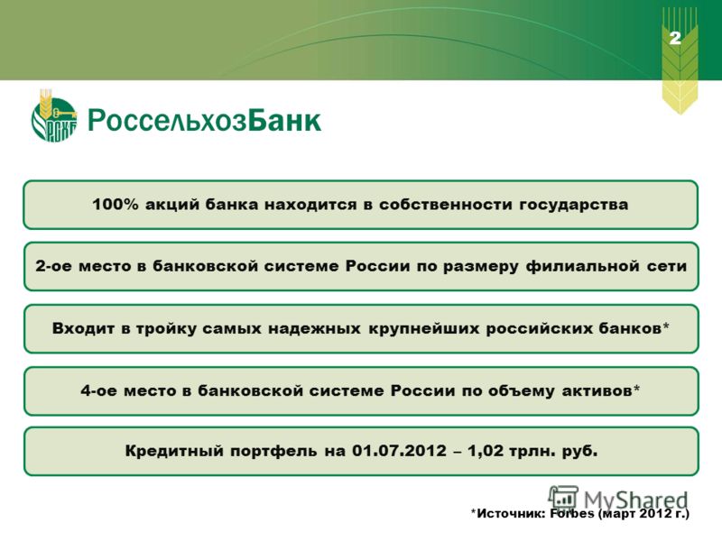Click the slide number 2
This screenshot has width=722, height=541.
(x=675, y=38)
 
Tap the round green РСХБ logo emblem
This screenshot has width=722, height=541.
(x=54, y=117)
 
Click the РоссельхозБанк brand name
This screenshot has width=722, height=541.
(x=204, y=121)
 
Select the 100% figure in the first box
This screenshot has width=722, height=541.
(x=116, y=205)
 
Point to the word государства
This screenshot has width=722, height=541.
(x=574, y=206)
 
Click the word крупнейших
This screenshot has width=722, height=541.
(x=423, y=329)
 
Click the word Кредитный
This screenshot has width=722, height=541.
(x=173, y=451)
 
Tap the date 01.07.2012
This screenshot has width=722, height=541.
(x=399, y=450)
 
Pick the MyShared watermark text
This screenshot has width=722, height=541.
(x=635, y=500)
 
